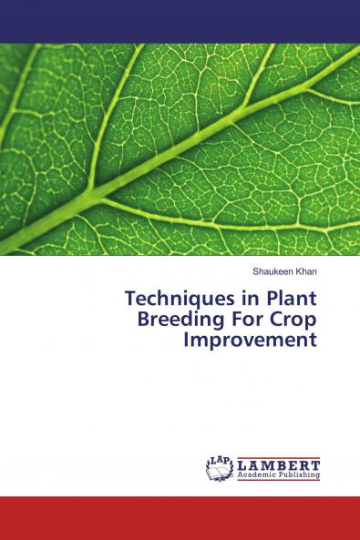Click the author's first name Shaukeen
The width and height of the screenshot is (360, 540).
(269, 271)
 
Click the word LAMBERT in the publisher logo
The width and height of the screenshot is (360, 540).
(279, 464)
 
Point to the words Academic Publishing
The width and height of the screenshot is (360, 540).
(279, 475)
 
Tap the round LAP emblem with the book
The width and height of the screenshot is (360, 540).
(221, 468)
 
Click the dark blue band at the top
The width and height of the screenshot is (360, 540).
(180, 21)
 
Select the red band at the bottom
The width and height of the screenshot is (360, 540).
(180, 518)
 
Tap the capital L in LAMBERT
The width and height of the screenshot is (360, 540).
(242, 464)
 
